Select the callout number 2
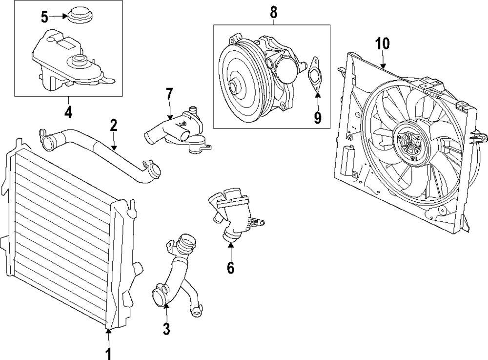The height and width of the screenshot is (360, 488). click(114, 125)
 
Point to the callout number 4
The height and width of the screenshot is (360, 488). click(68, 112)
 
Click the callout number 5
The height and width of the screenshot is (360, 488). click(44, 18)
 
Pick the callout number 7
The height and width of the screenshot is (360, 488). click(169, 93)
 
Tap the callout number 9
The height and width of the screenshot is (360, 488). click(317, 117)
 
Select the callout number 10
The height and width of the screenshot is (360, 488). click(383, 43)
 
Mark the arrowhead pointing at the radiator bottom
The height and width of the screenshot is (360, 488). click(108, 332)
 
